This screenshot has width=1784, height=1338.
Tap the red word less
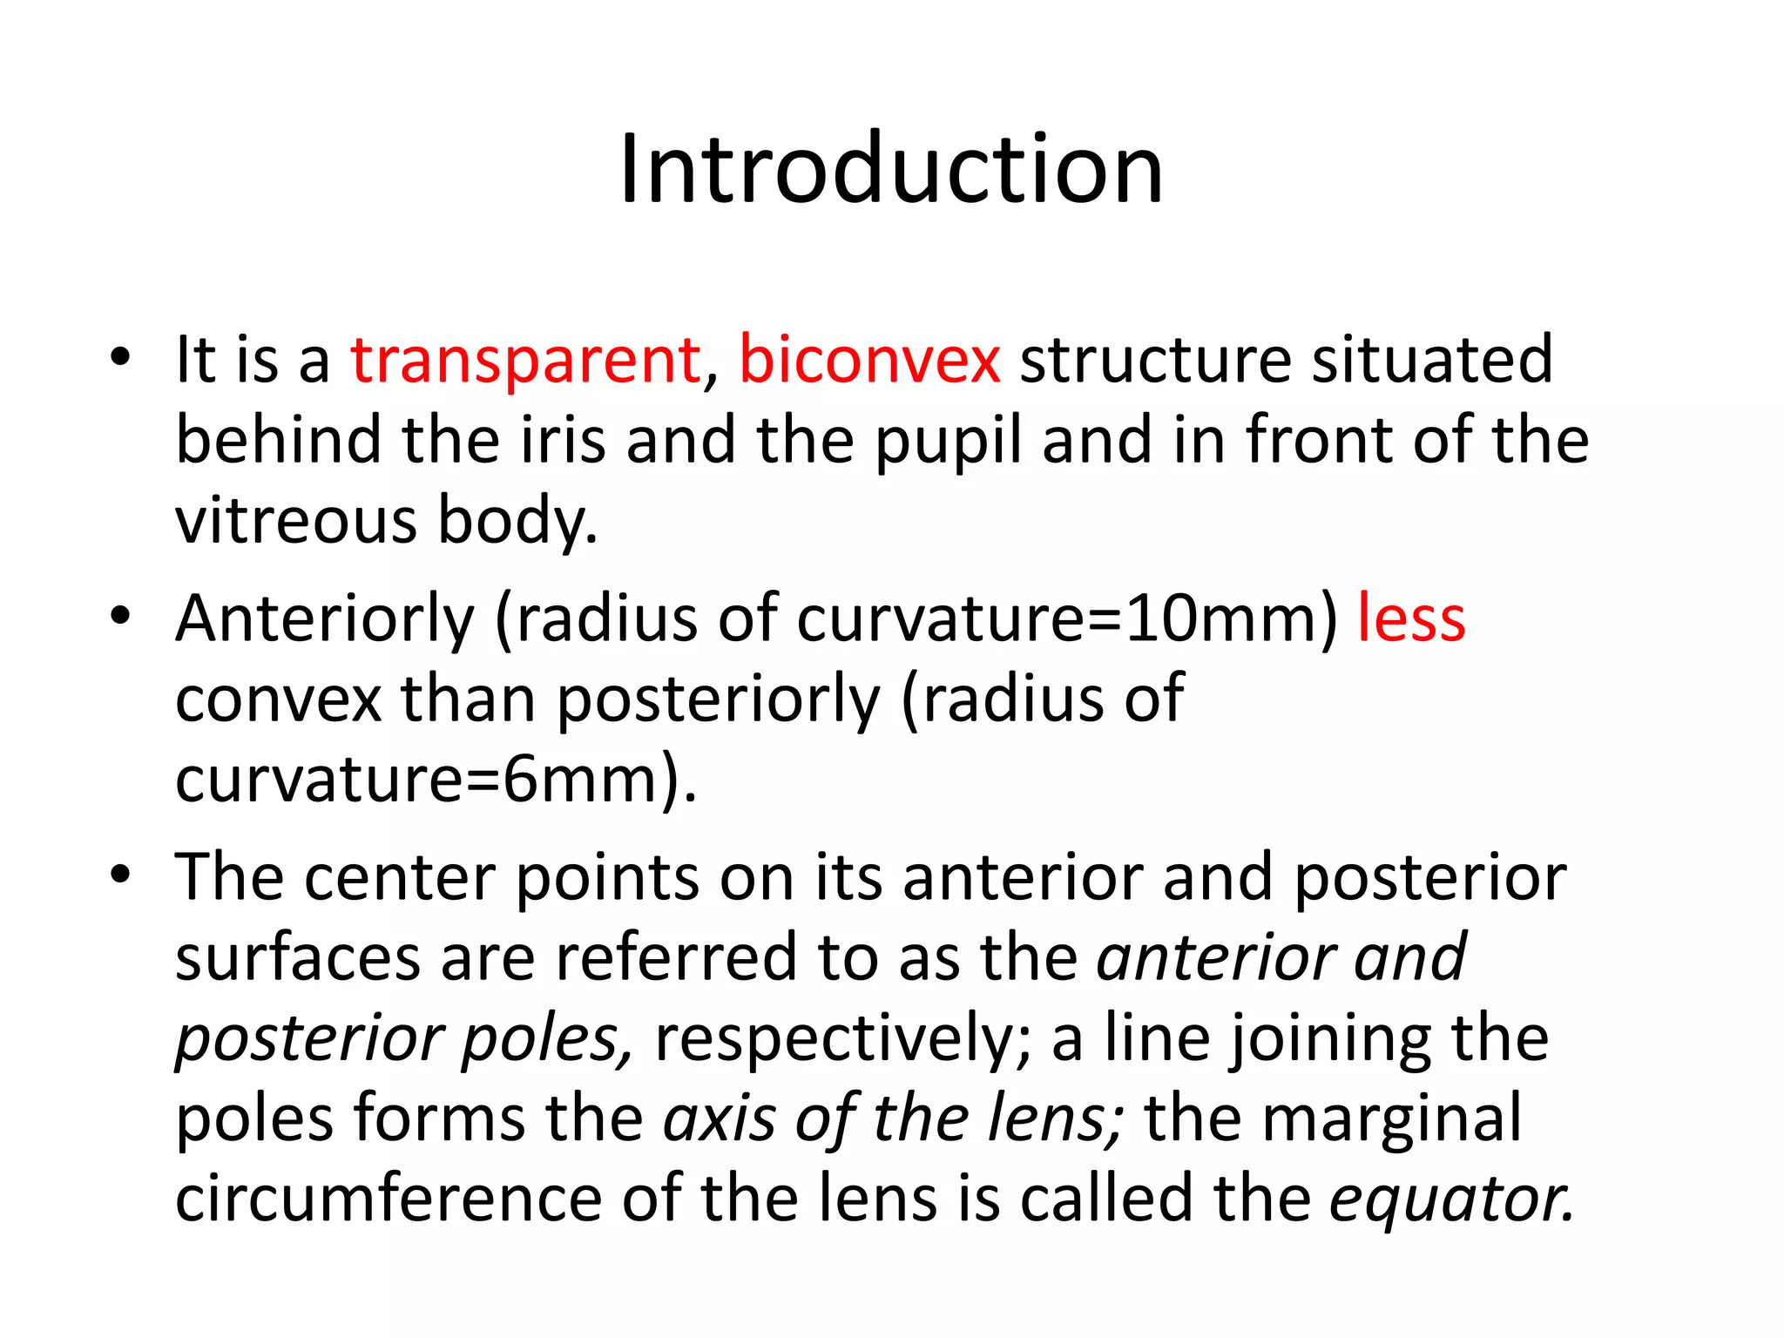point(1411,618)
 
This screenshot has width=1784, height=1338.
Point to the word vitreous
point(296,521)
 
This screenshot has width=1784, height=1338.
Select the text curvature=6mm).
point(436,780)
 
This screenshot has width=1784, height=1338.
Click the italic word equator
point(1451,1200)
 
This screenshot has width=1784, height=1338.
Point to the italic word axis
point(719,1118)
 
